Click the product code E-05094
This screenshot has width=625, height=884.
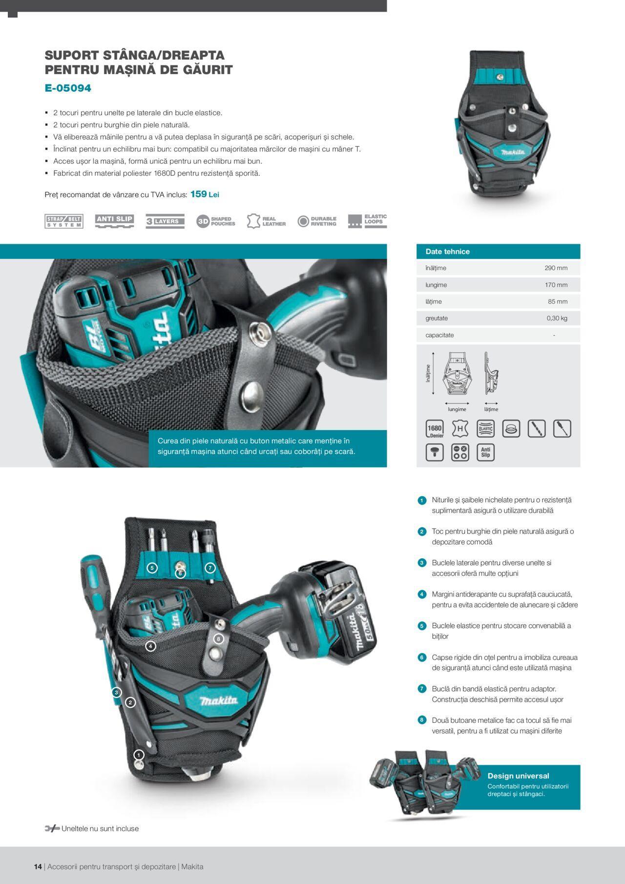click(x=68, y=88)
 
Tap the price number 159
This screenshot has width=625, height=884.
click(x=198, y=194)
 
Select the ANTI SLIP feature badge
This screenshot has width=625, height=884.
click(x=114, y=221)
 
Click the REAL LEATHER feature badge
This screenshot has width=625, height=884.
click(x=266, y=221)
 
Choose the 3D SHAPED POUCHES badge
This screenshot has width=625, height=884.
click(x=215, y=221)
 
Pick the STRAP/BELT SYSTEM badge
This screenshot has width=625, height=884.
click(x=64, y=221)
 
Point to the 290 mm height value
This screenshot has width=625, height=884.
click(x=556, y=268)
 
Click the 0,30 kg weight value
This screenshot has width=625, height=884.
click(x=557, y=318)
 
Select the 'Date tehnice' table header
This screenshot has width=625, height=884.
click(x=447, y=252)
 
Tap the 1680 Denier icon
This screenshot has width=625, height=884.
click(x=435, y=429)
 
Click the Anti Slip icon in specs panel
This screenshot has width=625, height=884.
click(x=485, y=452)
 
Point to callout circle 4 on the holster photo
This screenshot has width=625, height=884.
click(x=151, y=646)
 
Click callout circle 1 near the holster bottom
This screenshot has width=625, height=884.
click(x=139, y=755)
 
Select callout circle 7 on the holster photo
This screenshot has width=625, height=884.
click(x=210, y=568)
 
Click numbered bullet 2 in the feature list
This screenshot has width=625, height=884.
click(x=422, y=531)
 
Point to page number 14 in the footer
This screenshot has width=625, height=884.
click(x=38, y=866)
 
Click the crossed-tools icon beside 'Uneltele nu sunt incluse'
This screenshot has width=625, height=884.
click(x=52, y=828)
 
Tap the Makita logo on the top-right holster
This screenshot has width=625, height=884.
click(x=513, y=152)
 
